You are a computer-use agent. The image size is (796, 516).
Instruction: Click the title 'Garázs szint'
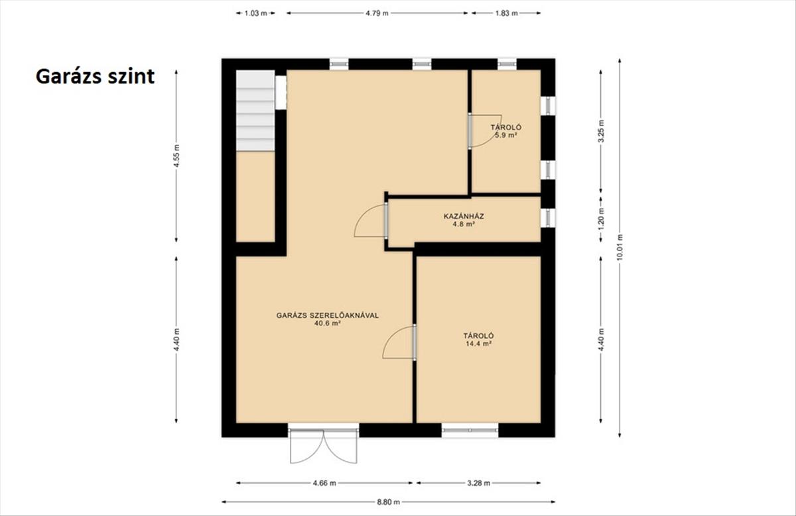pos(96,77)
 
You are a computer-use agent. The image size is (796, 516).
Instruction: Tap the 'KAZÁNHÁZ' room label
pos(464,216)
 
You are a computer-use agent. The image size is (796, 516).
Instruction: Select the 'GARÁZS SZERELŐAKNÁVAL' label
pos(328,315)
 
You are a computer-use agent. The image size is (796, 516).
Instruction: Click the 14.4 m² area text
pos(478,344)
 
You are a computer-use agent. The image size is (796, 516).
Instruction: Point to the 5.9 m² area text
pos(506,135)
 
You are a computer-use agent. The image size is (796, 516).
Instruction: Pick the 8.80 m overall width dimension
pos(389,502)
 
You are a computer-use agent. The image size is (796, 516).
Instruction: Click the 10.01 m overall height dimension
pos(620,248)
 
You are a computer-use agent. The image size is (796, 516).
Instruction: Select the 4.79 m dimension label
pos(377,13)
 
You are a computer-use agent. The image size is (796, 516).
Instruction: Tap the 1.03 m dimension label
pos(255,13)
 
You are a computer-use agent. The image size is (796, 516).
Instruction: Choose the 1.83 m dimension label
pos(506,13)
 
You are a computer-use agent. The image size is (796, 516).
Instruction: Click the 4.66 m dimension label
pos(324,483)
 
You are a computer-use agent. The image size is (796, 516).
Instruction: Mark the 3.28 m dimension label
pos(478,483)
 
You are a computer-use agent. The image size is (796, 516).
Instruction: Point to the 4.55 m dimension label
pos(176,156)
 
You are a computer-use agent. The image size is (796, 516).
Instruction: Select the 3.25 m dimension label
pos(601,131)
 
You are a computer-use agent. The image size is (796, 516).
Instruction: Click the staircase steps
pos(255,111)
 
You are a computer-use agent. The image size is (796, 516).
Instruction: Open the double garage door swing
pos(324,446)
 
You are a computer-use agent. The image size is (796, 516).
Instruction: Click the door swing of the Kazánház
pos(370,221)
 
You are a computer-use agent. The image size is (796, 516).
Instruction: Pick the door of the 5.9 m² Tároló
pos(486,131)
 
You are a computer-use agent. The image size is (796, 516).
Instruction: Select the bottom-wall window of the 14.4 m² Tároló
pos(470,430)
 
